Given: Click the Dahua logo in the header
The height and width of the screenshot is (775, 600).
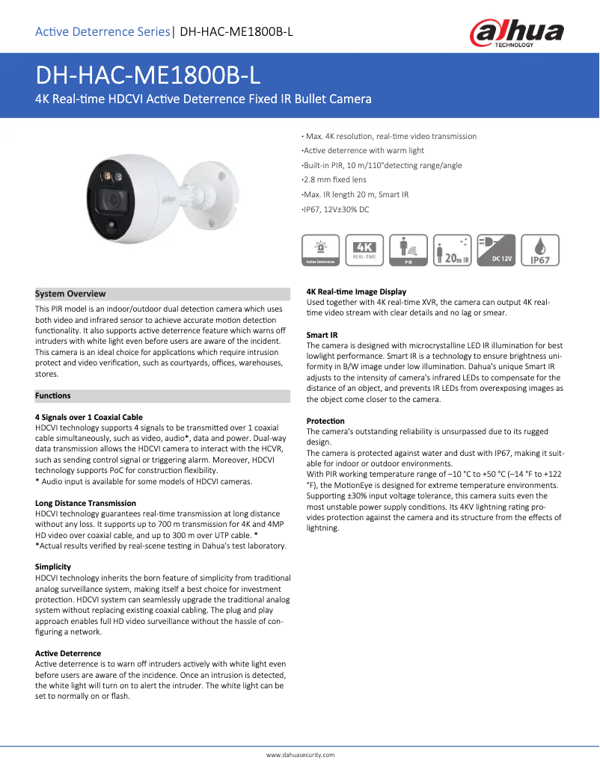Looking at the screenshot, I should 516,33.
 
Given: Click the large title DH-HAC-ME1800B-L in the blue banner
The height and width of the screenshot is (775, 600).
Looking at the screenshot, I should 149,75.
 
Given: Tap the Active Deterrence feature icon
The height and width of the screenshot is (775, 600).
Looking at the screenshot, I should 319,250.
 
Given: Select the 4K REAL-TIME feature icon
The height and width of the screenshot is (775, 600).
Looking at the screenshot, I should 365,250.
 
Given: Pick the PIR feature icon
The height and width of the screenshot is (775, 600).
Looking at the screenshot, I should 409,250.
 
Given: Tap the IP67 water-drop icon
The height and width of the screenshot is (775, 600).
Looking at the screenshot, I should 540,250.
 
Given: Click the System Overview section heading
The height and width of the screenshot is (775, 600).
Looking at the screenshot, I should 71,294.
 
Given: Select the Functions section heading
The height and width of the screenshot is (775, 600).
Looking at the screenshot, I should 53,395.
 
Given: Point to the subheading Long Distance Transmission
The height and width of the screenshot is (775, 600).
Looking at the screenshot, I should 85,503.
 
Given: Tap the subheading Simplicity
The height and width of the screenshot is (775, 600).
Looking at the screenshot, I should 55,567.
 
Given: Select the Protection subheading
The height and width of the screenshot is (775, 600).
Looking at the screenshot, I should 326,421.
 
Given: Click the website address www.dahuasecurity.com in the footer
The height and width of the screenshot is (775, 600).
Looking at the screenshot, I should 300,755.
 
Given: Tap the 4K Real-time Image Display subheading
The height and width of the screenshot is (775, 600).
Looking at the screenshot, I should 357,291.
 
